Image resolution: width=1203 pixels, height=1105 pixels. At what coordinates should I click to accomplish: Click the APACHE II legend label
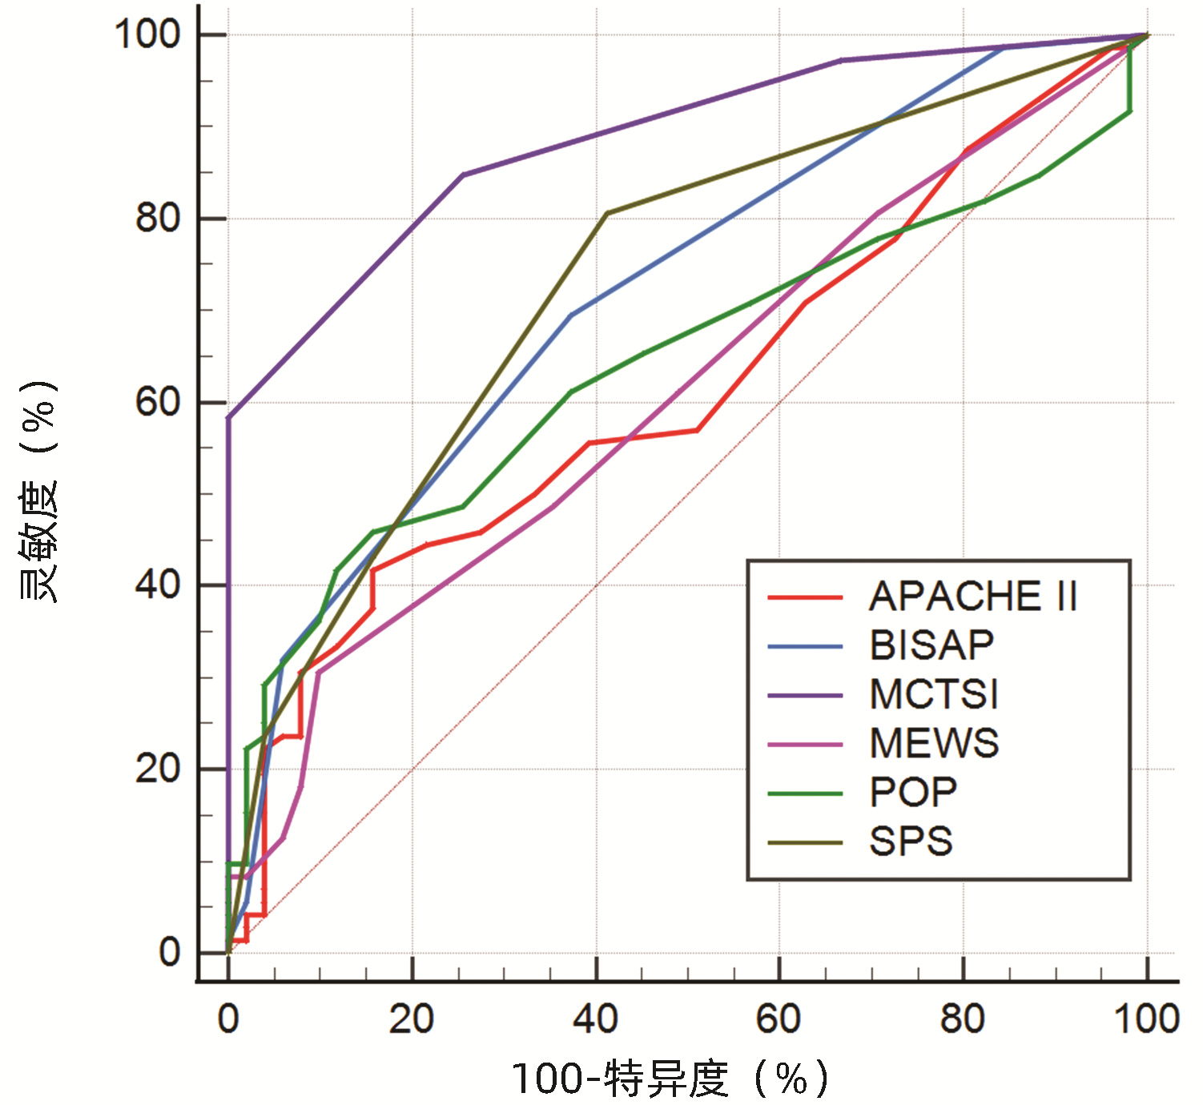973,597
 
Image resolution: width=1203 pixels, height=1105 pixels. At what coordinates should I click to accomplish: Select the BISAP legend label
932,645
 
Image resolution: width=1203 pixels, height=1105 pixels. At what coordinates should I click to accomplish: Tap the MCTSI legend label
934,694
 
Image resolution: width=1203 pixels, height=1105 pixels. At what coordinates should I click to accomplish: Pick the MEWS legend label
934,743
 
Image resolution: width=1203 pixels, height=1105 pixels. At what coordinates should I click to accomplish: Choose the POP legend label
913,793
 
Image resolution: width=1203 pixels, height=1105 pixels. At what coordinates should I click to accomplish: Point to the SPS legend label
911,842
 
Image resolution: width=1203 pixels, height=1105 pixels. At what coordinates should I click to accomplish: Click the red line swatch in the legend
805,597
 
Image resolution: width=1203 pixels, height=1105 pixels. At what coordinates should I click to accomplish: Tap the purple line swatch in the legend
805,695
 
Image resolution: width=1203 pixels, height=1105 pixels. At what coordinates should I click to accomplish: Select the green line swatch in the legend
805,794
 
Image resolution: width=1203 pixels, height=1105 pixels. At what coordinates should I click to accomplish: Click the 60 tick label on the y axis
158,402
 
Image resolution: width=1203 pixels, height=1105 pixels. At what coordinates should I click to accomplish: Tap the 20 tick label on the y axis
158,769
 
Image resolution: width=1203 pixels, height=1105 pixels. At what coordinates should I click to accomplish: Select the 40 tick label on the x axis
595,1019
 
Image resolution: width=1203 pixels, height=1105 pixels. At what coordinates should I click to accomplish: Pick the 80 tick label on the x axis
962,1019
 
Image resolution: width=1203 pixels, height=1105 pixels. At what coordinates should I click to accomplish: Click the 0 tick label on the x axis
228,1019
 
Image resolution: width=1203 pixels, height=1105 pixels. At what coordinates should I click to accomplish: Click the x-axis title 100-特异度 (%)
670,1079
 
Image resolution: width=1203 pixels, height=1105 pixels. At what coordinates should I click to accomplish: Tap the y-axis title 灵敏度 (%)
38,492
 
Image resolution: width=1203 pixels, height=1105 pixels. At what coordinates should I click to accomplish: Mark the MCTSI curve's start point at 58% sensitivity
228,417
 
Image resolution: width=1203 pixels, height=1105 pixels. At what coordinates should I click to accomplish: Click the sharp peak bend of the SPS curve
606,213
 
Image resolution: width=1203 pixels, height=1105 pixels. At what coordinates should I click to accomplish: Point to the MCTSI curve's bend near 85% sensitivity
463,175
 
